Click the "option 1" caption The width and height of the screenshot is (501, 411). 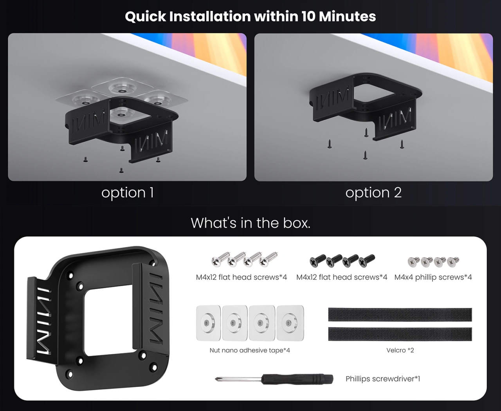(x=128, y=193)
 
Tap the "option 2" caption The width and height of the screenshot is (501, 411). (x=373, y=193)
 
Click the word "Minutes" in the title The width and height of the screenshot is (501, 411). (x=347, y=16)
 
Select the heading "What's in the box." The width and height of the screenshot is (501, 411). (x=250, y=223)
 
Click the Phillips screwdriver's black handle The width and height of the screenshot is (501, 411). (x=297, y=379)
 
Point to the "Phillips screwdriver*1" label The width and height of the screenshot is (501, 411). (x=383, y=378)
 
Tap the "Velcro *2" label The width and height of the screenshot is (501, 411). (x=400, y=350)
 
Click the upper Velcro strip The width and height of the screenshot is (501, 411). (x=400, y=315)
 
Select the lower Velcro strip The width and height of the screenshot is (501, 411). (x=400, y=334)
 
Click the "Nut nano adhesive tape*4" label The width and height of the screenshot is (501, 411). (x=250, y=350)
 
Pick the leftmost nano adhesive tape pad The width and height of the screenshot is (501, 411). (x=208, y=323)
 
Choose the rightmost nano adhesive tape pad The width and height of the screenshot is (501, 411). (x=290, y=323)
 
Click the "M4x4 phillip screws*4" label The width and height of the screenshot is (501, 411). (x=433, y=277)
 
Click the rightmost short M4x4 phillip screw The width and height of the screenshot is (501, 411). (x=453, y=262)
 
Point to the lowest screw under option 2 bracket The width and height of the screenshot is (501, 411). (x=365, y=155)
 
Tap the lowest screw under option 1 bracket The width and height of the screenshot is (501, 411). (x=121, y=170)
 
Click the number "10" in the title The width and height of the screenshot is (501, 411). (x=308, y=16)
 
